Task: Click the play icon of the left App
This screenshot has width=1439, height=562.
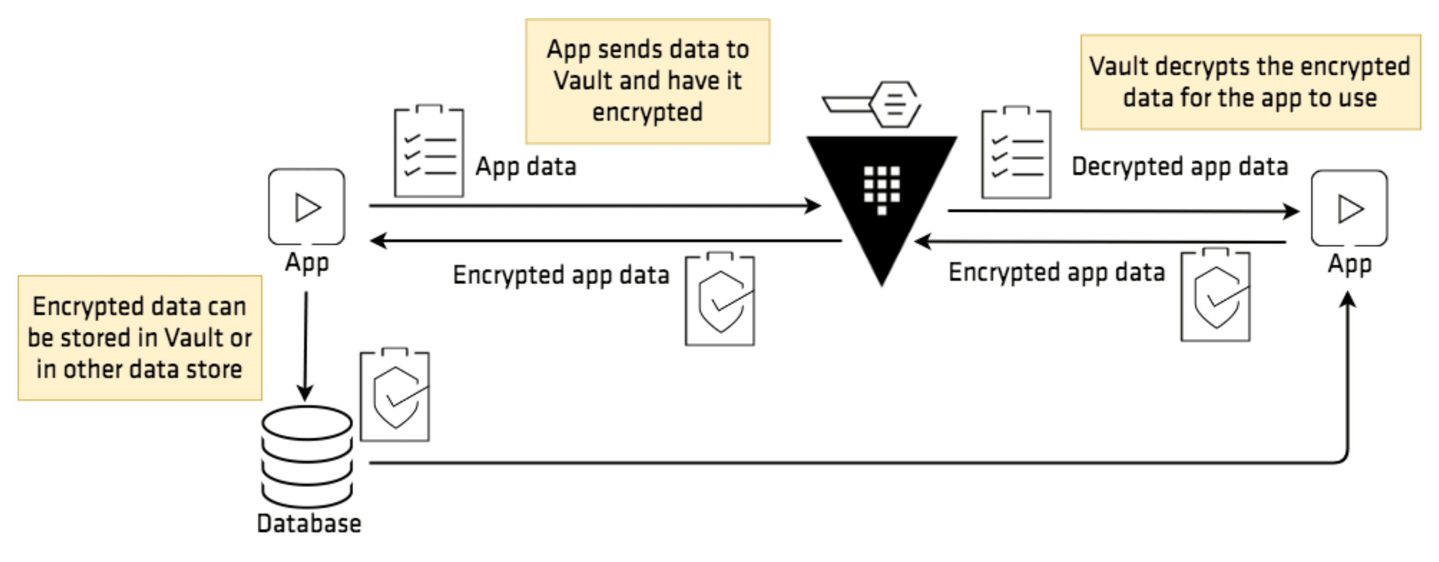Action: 307,207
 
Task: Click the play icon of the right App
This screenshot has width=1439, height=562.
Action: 1349,209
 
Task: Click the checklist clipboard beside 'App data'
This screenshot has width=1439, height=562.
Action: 428,151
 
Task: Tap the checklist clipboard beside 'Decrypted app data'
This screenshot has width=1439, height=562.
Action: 1016,152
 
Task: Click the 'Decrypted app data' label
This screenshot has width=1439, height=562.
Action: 1179,166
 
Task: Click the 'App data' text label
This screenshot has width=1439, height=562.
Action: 525,166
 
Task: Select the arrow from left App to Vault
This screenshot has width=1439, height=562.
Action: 592,205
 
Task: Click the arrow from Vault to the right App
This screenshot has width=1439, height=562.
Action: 1117,211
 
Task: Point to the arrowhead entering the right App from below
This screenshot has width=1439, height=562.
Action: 1348,300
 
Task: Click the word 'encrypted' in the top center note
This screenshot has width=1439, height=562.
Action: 647,112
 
